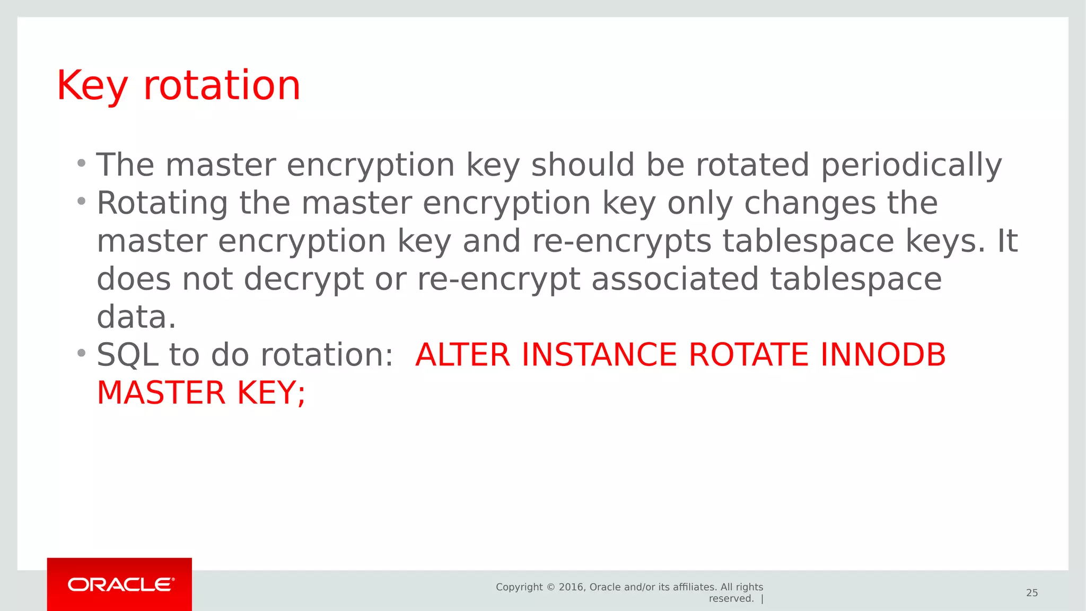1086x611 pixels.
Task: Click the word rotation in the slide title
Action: [222, 86]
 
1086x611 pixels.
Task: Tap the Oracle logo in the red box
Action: [121, 584]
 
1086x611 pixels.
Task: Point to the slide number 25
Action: [1031, 593]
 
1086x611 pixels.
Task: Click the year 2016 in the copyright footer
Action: [571, 587]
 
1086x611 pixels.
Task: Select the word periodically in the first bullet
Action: [911, 165]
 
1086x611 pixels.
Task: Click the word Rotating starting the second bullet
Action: [162, 204]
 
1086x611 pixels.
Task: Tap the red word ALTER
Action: [462, 355]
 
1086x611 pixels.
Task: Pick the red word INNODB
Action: [882, 355]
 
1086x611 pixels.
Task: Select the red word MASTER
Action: [161, 393]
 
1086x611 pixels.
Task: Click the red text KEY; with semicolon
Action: [271, 393]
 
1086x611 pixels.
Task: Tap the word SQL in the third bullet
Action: [127, 355]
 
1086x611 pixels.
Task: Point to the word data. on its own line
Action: [136, 317]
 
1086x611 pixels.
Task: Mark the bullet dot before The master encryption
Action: [81, 163]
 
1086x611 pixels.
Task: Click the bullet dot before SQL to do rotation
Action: [81, 353]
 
